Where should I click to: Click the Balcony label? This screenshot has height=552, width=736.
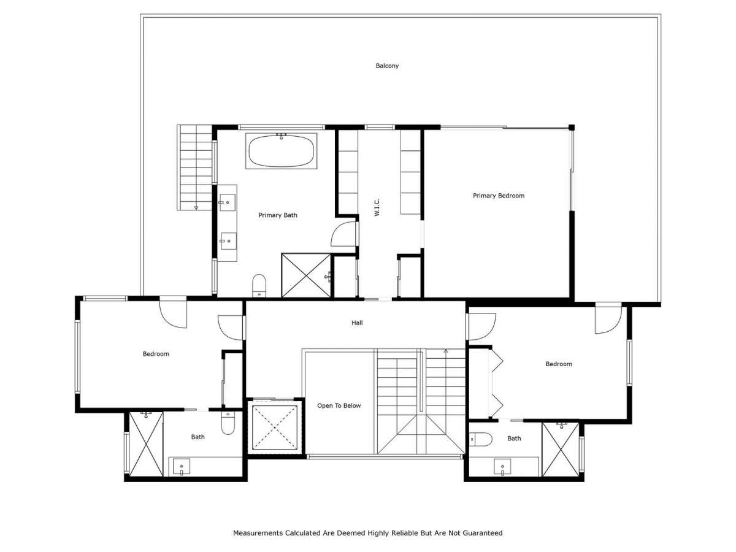pos(387,66)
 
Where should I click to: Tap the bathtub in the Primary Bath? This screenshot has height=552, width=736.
pos(281,151)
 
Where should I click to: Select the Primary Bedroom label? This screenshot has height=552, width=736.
pos(498,196)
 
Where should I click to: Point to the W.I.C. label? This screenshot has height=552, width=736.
pos(377,207)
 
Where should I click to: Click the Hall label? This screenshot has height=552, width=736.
pos(357,323)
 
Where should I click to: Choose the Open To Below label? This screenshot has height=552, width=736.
pos(339,405)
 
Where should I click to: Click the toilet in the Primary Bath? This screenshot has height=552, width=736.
pos(259,286)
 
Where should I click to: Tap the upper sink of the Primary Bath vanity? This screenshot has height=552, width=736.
pos(228,202)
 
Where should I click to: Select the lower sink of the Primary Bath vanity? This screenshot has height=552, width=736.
pos(228,241)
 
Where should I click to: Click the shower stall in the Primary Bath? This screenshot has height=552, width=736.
pos(306,275)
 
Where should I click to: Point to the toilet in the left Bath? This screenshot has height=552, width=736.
pos(228,423)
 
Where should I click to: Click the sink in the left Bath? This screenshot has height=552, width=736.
pos(182,467)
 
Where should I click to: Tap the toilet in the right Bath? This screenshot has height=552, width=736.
pos(480,439)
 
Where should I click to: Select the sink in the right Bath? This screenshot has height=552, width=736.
pos(502,467)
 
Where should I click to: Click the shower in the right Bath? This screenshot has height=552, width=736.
pos(561,449)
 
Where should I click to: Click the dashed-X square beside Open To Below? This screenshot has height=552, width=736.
pos(275,427)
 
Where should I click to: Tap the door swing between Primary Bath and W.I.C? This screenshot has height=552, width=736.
pos(343,234)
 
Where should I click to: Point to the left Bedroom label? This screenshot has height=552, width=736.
pos(156,354)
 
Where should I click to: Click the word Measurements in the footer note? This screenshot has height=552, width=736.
pos(258,532)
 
